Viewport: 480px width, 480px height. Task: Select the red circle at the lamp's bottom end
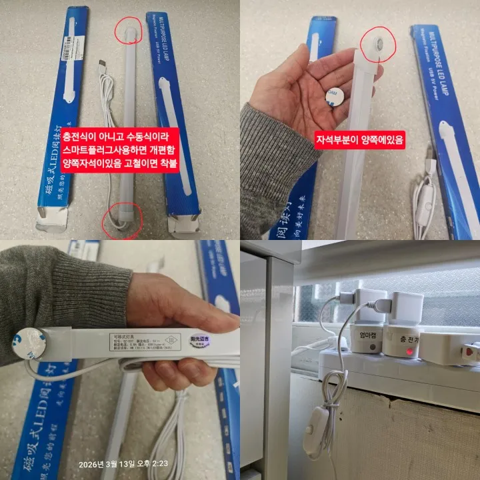pos(121,221)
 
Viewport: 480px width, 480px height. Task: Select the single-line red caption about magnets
pos(361,141)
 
